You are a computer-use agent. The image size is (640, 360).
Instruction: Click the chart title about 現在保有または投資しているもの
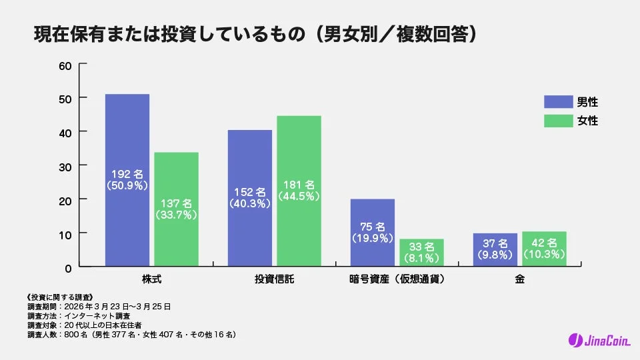pos(256,34)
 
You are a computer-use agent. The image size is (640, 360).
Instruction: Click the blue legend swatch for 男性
pos(558,102)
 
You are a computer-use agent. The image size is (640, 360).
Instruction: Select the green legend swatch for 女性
pos(558,121)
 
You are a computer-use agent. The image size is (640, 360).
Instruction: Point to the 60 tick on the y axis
pos(65,66)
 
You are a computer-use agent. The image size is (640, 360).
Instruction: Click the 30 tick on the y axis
pos(65,166)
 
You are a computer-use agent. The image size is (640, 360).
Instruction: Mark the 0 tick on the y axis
pos(68,267)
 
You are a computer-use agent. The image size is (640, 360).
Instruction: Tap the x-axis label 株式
pos(152,279)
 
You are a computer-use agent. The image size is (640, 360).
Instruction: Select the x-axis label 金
pos(519,279)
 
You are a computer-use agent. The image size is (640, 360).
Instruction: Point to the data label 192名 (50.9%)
pos(127,181)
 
